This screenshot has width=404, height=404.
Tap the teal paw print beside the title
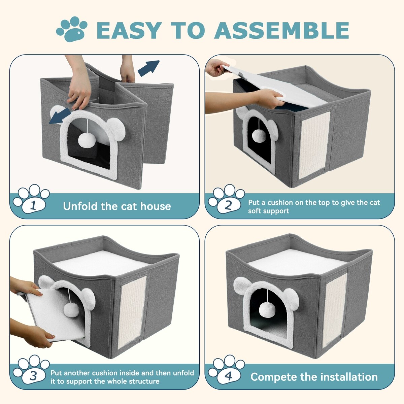(x=72, y=29)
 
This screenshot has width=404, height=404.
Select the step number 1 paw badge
(x=31, y=199)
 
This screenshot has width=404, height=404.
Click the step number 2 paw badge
(x=227, y=199)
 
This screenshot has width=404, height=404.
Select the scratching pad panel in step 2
(x=314, y=145)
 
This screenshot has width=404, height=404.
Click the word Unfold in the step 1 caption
(x=80, y=206)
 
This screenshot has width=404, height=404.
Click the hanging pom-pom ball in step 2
(x=259, y=135)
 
